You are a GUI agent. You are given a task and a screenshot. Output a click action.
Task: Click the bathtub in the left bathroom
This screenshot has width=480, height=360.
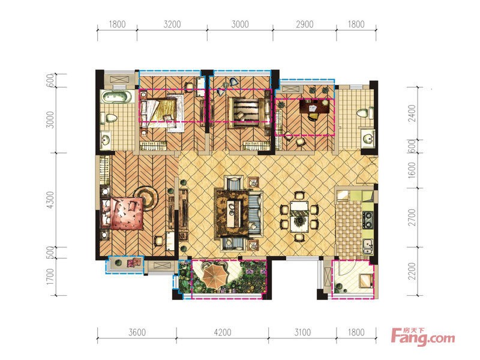pyautogui.click(x=116, y=97)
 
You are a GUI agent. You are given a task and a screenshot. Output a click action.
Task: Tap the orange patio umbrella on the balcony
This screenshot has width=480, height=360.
pyautogui.click(x=215, y=275)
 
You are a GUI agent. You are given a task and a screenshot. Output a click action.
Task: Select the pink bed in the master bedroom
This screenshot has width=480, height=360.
pyautogui.click(x=122, y=214)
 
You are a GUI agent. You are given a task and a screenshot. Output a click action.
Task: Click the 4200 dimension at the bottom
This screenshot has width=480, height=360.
pyautogui.click(x=223, y=332)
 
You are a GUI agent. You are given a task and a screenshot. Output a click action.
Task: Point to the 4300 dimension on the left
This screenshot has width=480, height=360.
pyautogui.click(x=50, y=200)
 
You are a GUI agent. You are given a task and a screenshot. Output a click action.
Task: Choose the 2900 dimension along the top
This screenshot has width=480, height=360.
pyautogui.click(x=305, y=24)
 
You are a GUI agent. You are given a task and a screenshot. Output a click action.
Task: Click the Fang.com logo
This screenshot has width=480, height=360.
pyautogui.click(x=423, y=337)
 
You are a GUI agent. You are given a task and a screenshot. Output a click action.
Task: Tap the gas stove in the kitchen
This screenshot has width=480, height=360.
pyautogui.click(x=367, y=220)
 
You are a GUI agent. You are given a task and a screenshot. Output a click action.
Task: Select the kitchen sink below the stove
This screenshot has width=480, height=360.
pyautogui.click(x=368, y=247)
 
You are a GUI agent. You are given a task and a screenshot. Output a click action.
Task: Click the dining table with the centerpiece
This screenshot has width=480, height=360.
pyautogui.click(x=299, y=214)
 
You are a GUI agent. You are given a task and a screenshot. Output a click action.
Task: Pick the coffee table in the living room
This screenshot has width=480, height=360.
pyautogui.click(x=234, y=214)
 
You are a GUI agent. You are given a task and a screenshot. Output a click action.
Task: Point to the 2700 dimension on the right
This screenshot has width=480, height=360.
pyautogui.click(x=412, y=217)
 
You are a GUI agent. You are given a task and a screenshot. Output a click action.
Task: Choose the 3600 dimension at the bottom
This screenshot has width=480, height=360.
pyautogui.click(x=137, y=332)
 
